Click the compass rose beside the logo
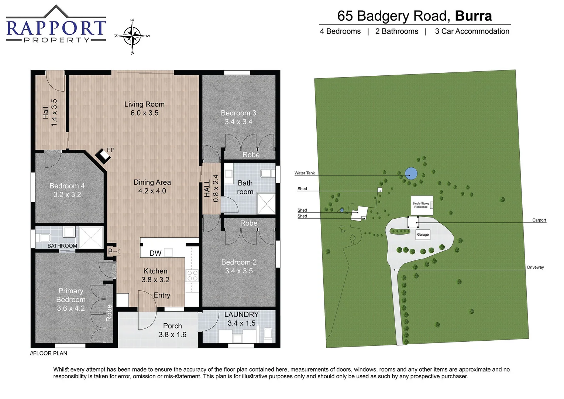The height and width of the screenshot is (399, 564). pyautogui.click(x=133, y=36)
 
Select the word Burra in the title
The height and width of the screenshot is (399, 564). pyautogui.click(x=473, y=16)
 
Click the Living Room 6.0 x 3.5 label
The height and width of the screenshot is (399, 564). pyautogui.click(x=144, y=109)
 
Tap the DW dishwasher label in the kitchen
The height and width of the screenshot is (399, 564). pyautogui.click(x=155, y=253)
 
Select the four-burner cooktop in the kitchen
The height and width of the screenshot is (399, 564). pyautogui.click(x=192, y=276)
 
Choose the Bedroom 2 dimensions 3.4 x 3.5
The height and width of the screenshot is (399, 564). pyautogui.click(x=239, y=271)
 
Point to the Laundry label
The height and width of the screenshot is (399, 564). pyautogui.click(x=241, y=314)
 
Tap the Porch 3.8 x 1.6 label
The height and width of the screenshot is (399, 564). pyautogui.click(x=172, y=330)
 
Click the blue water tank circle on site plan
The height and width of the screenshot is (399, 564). pyautogui.click(x=411, y=173)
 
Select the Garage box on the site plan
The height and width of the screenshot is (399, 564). pyautogui.click(x=423, y=235)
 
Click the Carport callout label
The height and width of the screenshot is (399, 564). pyautogui.click(x=539, y=220)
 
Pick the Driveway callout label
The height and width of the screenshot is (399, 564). pyautogui.click(x=535, y=267)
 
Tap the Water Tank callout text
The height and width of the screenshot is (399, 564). pyautogui.click(x=305, y=173)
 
